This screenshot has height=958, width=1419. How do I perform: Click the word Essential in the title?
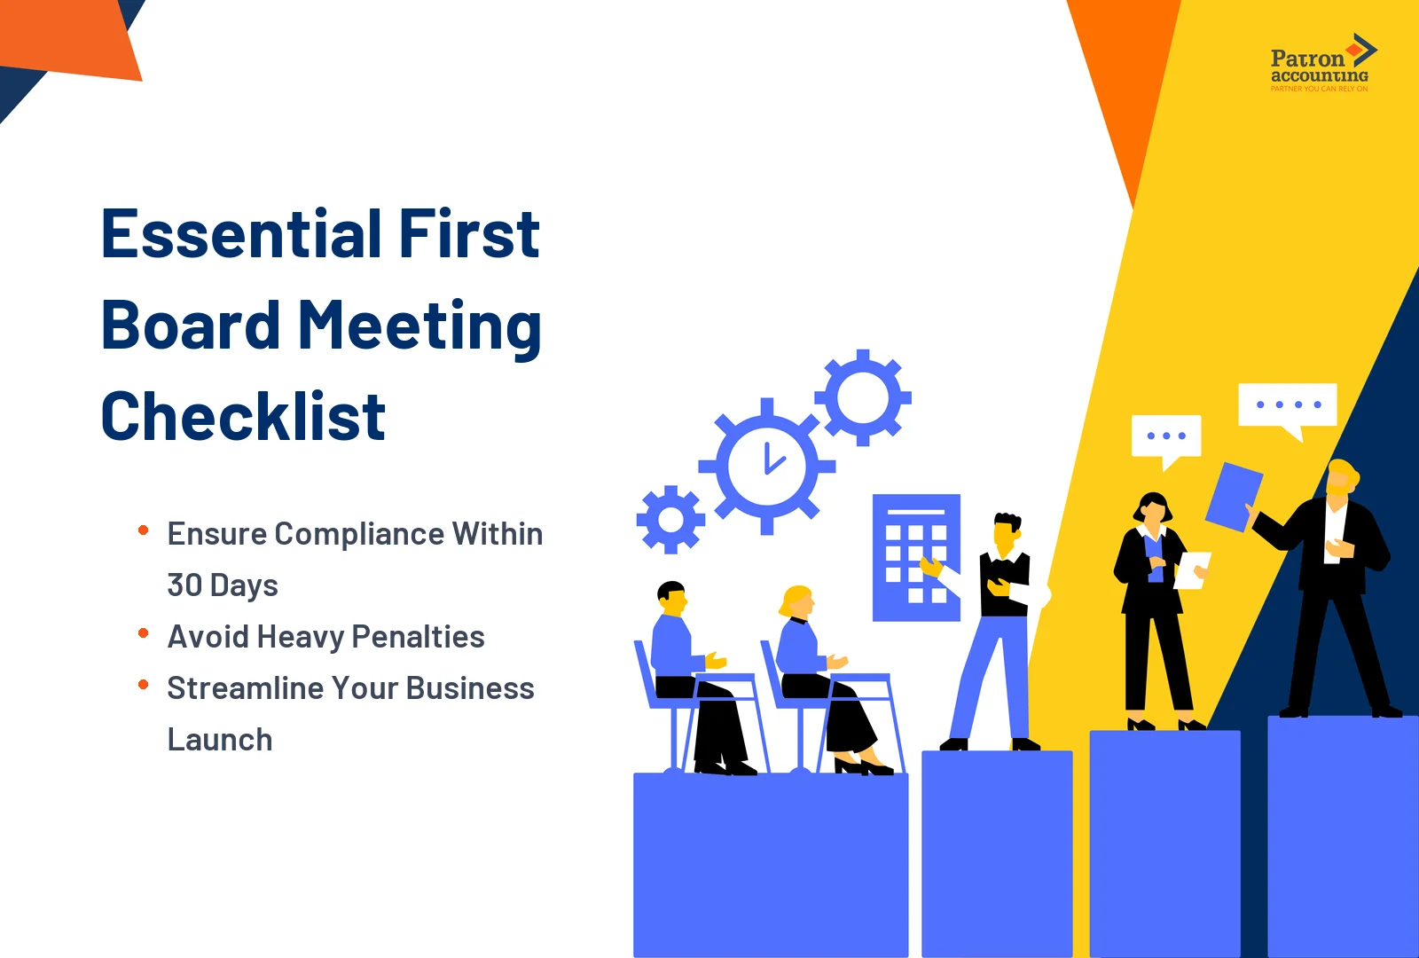(242, 234)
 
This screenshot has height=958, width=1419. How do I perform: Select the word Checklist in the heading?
(243, 416)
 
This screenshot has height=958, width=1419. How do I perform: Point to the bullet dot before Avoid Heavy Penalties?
(143, 633)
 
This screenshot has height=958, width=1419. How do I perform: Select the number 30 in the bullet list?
(184, 585)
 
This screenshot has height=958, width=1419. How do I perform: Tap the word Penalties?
(418, 637)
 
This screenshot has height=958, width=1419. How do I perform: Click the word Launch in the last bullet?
(219, 740)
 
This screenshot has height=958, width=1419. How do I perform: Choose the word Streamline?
(238, 688)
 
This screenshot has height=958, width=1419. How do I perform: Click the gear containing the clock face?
(767, 466)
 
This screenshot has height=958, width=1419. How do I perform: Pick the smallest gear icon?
(670, 520)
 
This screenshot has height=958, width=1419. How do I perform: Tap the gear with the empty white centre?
(862, 397)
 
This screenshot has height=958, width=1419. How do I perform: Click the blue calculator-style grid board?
(915, 557)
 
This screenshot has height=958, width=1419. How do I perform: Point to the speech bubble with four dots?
(1288, 406)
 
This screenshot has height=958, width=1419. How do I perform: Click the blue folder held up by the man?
(1234, 497)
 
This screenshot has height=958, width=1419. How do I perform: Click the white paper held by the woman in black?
(1191, 569)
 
